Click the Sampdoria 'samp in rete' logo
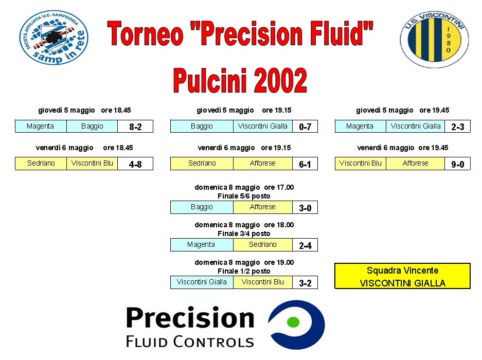pyautogui.click(x=54, y=38)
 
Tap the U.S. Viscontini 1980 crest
pyautogui.click(x=434, y=39)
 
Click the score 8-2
pyautogui.click(x=135, y=127)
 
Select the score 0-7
pyautogui.click(x=305, y=127)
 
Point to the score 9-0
pyautogui.click(x=457, y=164)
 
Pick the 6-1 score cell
pyautogui.click(x=305, y=164)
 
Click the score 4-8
pyautogui.click(x=135, y=164)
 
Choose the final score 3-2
pyautogui.click(x=305, y=283)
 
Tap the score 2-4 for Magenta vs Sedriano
pyautogui.click(x=305, y=245)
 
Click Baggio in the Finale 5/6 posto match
pyautogui.click(x=202, y=207)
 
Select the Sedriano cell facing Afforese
pyautogui.click(x=202, y=163)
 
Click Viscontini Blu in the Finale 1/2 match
pyautogui.click(x=262, y=282)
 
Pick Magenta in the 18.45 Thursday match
pyautogui.click(x=40, y=126)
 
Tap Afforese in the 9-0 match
pyautogui.click(x=415, y=163)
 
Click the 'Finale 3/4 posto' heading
pyautogui.click(x=244, y=233)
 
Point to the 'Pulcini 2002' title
pyautogui.click(x=240, y=80)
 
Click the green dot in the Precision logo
pyautogui.click(x=293, y=322)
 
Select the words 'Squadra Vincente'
pyautogui.click(x=402, y=271)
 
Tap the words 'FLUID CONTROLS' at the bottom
pyautogui.click(x=190, y=341)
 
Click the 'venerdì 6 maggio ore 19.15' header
pyautogui.click(x=244, y=148)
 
